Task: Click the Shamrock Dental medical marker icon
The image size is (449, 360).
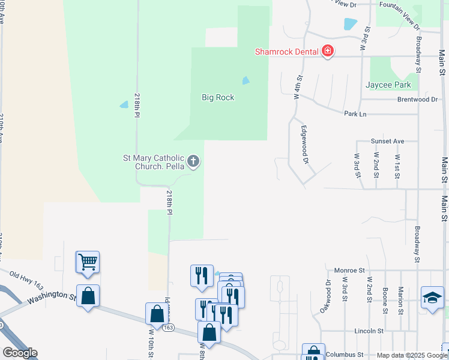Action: pos(328,51)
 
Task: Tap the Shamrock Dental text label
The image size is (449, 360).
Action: pos(286,52)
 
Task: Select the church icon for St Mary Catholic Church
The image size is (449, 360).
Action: pos(193,161)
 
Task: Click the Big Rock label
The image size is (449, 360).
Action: pos(218,97)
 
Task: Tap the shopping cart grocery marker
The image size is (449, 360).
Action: pos(88,262)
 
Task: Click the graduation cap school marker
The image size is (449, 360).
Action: pos(432,297)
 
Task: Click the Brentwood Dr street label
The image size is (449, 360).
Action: pos(417,99)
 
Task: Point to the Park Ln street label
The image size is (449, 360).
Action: pos(355,113)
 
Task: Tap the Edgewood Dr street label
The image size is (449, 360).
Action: pos(305,145)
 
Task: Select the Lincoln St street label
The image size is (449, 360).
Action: pos(369,331)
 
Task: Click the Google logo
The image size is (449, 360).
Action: pos(20,353)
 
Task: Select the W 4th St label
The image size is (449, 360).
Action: pos(297,86)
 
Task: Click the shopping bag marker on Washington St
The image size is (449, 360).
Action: pos(88,296)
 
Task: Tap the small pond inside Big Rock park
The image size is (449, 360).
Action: pos(246,80)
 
